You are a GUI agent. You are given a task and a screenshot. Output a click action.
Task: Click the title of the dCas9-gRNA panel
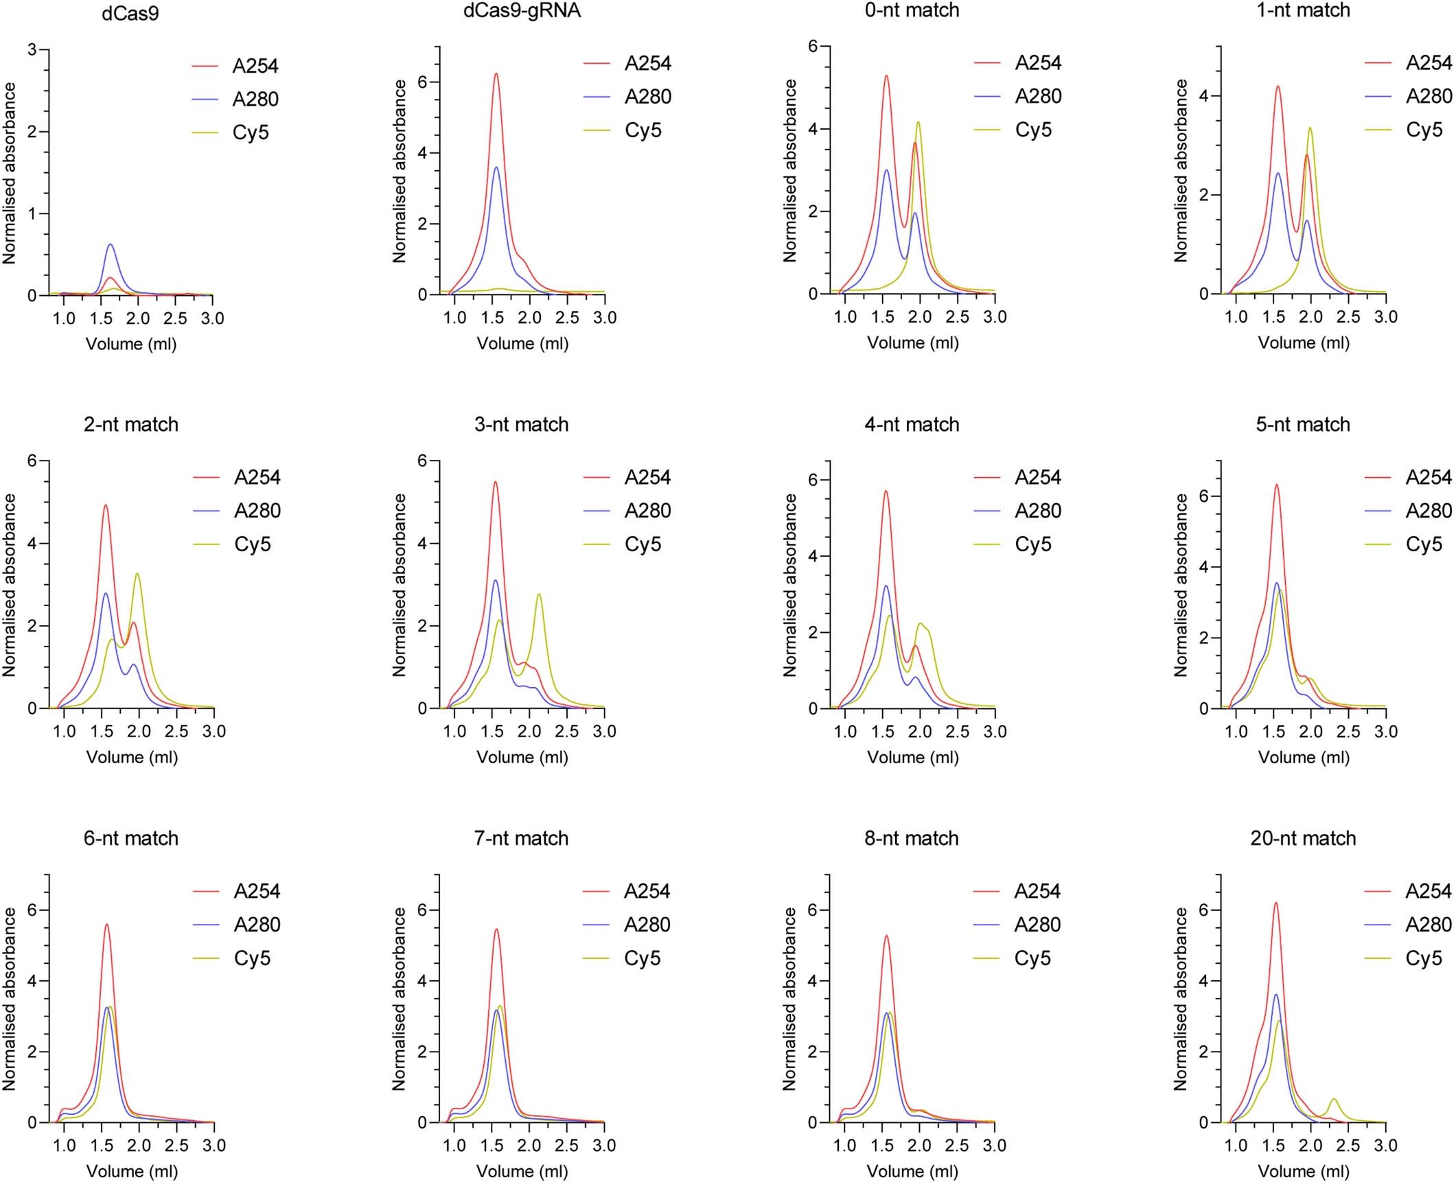click(x=522, y=11)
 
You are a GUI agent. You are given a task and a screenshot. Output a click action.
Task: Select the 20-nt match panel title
click(x=1303, y=838)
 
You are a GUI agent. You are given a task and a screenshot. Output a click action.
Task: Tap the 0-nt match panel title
click(x=912, y=11)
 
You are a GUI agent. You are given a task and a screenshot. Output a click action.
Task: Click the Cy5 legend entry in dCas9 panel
click(x=251, y=132)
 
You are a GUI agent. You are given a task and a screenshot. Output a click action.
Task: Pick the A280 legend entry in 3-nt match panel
click(x=647, y=511)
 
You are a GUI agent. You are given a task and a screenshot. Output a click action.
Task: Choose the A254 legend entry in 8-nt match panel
click(x=1037, y=891)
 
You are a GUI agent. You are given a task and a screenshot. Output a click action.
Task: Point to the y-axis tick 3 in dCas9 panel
click(x=32, y=50)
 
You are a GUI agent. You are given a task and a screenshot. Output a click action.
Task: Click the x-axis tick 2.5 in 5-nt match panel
click(x=1348, y=732)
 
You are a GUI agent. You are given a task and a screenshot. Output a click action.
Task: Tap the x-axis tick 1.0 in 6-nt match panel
click(x=64, y=1146)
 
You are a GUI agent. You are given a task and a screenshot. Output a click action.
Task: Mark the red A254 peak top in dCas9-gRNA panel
click(x=496, y=74)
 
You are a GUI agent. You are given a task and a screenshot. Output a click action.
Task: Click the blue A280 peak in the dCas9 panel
click(x=110, y=244)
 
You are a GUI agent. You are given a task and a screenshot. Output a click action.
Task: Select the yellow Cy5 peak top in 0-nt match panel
click(x=918, y=122)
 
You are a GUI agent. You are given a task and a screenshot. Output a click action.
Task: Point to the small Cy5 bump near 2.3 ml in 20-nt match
click(x=1334, y=1099)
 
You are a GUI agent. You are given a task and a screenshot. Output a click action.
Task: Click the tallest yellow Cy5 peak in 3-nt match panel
click(x=539, y=594)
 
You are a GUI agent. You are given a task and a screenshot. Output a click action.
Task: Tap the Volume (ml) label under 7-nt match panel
click(x=522, y=1171)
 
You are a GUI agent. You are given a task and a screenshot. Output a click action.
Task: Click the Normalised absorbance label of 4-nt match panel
click(x=789, y=585)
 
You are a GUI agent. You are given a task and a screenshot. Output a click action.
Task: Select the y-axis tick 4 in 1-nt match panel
click(x=1203, y=96)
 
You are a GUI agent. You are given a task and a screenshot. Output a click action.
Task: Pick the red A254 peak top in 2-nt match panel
click(x=106, y=505)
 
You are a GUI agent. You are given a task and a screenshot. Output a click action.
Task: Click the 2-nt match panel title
click(x=131, y=425)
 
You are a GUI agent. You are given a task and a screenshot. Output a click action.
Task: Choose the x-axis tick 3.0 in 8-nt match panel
click(x=994, y=1146)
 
